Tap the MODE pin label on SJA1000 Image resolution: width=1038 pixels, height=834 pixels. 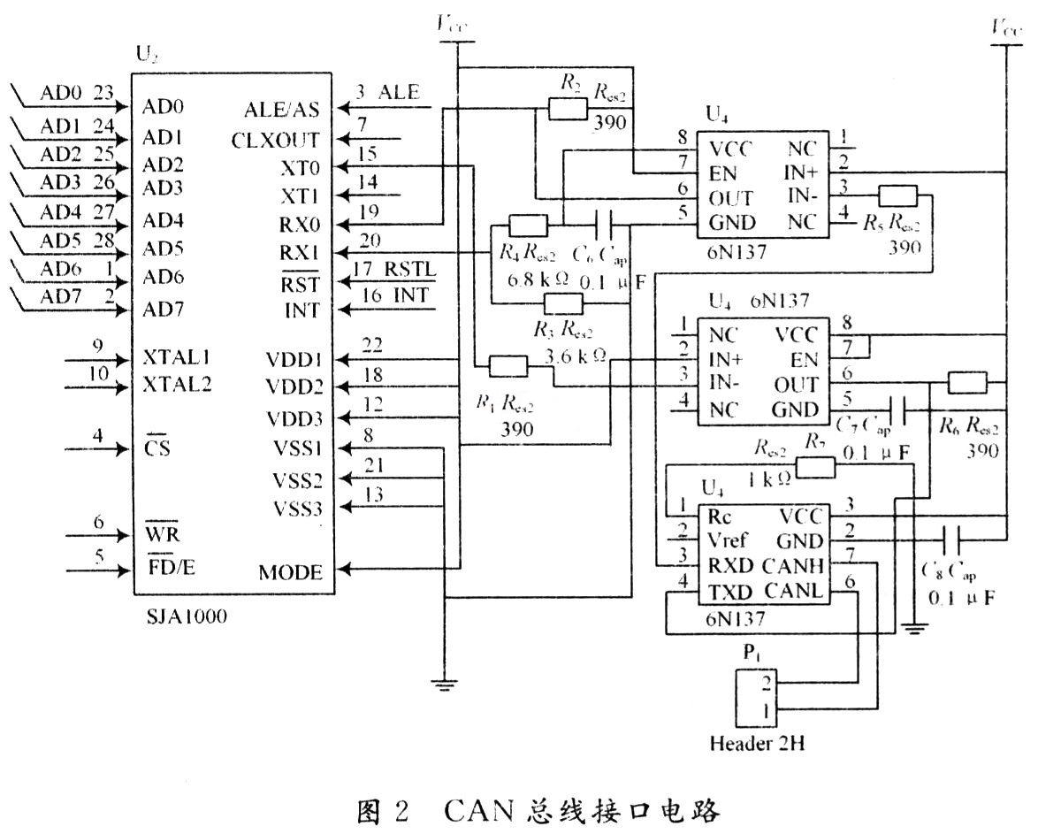[290, 572]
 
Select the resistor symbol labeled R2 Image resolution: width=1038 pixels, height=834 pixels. [567, 108]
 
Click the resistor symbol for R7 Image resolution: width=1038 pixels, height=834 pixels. [814, 468]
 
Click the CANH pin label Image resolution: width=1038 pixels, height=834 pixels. [803, 563]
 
